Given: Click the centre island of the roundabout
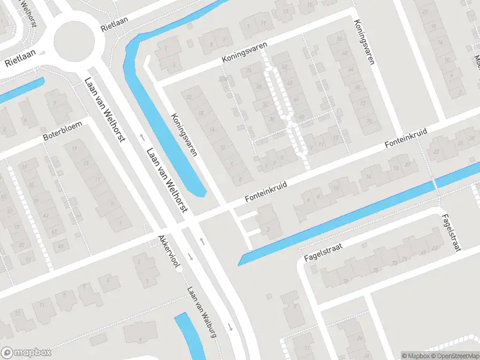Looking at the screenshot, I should click(74, 41).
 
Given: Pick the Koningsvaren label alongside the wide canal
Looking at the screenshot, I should click(184, 134).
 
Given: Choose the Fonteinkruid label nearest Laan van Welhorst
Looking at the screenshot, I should click(265, 193).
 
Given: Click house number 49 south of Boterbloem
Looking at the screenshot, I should click(61, 246).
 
